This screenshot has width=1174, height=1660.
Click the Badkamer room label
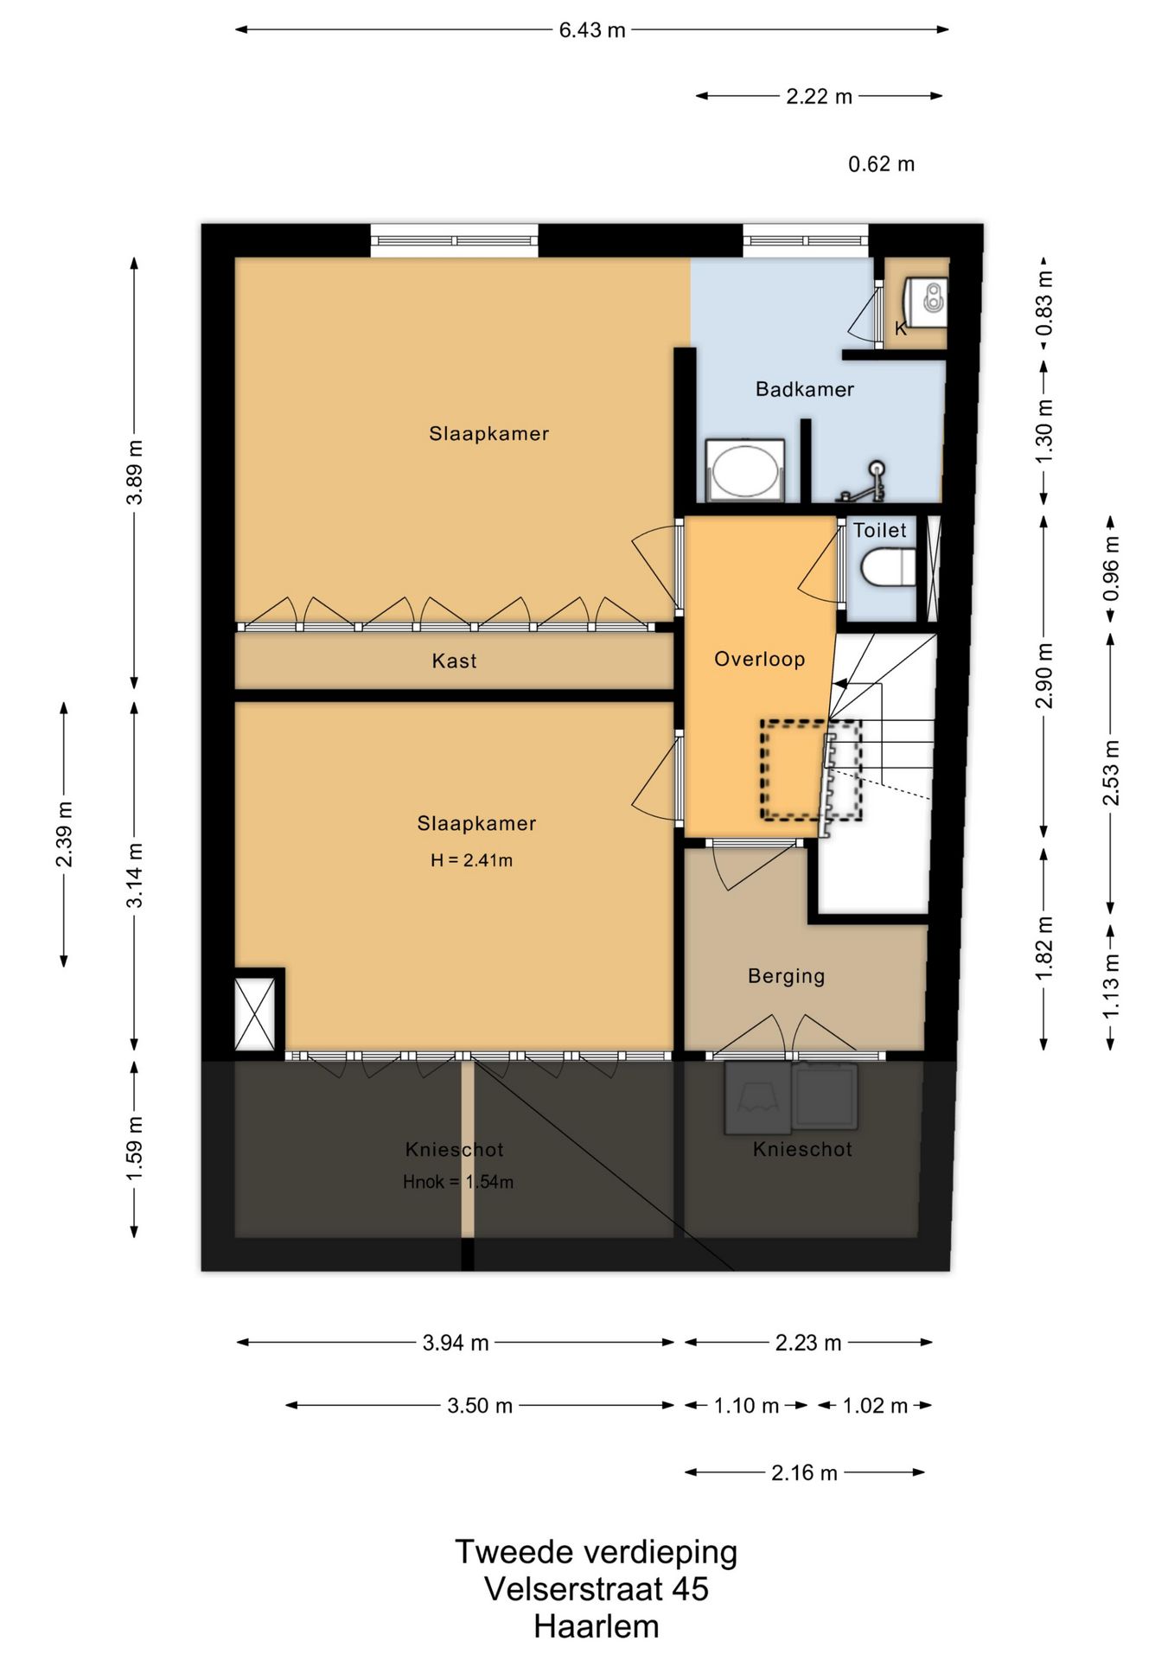[x=804, y=389]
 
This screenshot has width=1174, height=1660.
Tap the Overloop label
[x=759, y=659]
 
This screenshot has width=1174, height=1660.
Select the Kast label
[x=454, y=661]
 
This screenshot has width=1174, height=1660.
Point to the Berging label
[x=786, y=976]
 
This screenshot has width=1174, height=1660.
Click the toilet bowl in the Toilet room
[x=888, y=568]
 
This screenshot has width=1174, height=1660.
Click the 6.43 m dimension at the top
[x=592, y=30]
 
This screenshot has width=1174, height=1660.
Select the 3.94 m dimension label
[x=456, y=1343]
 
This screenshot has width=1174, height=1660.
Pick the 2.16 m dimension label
[x=804, y=1472]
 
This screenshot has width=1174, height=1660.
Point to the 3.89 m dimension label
[x=135, y=472]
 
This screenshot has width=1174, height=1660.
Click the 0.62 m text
[x=881, y=164]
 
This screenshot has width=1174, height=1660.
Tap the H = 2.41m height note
[x=471, y=860]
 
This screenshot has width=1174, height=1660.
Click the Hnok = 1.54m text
[x=458, y=1182]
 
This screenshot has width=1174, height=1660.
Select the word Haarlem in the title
[x=597, y=1626]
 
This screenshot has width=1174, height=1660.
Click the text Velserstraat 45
[x=597, y=1588]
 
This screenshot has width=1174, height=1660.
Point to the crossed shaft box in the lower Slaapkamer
[x=255, y=1013]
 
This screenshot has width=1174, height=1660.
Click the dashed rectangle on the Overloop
[x=811, y=769]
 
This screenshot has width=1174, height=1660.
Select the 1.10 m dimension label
[x=746, y=1406]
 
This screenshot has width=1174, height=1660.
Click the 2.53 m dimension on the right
[x=1111, y=772]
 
